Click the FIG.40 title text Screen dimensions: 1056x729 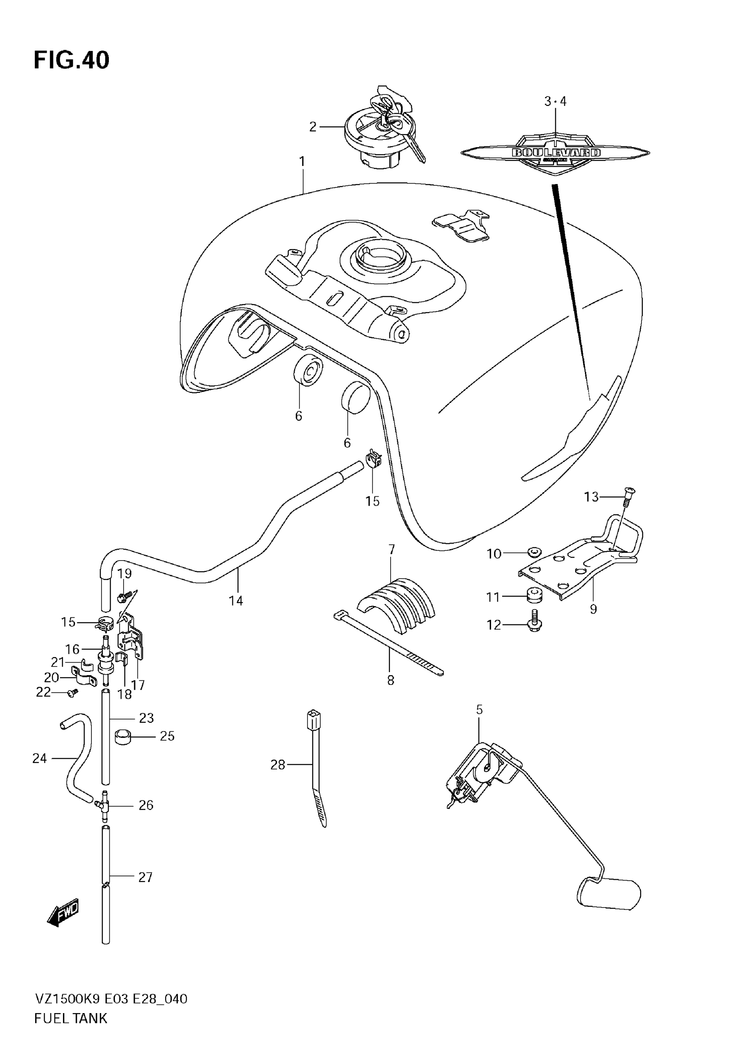click(72, 60)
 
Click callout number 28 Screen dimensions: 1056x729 click(278, 765)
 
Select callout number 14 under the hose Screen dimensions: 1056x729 click(236, 600)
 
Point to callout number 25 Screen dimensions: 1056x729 click(167, 736)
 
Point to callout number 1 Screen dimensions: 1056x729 click(302, 162)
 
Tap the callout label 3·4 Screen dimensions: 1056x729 click(555, 101)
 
